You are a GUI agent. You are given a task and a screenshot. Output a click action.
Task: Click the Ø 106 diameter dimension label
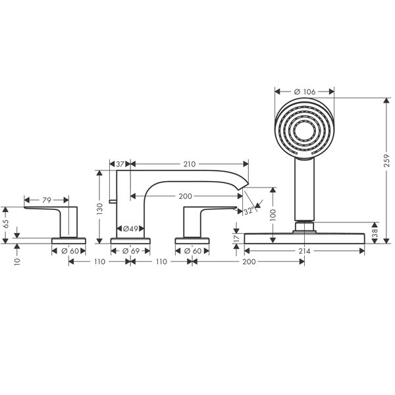pyautogui.click(x=305, y=92)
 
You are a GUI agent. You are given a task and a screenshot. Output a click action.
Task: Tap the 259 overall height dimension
pyautogui.click(x=386, y=161)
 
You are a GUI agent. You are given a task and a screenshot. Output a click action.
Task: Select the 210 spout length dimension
pyautogui.click(x=190, y=164)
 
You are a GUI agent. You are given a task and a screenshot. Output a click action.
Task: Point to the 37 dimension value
pyautogui.click(x=120, y=164)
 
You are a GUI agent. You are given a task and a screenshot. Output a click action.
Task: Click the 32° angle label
pyautogui.click(x=249, y=211)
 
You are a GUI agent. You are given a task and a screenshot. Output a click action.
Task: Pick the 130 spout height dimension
pyautogui.click(x=100, y=209)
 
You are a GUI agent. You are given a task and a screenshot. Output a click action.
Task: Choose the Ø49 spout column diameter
pyautogui.click(x=130, y=228)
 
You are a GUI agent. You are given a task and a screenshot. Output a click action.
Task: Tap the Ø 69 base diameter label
pyautogui.click(x=131, y=251)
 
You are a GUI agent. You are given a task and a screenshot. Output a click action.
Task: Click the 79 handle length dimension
pyautogui.click(x=47, y=200)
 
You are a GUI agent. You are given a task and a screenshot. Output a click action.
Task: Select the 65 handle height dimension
pyautogui.click(x=5, y=224)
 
